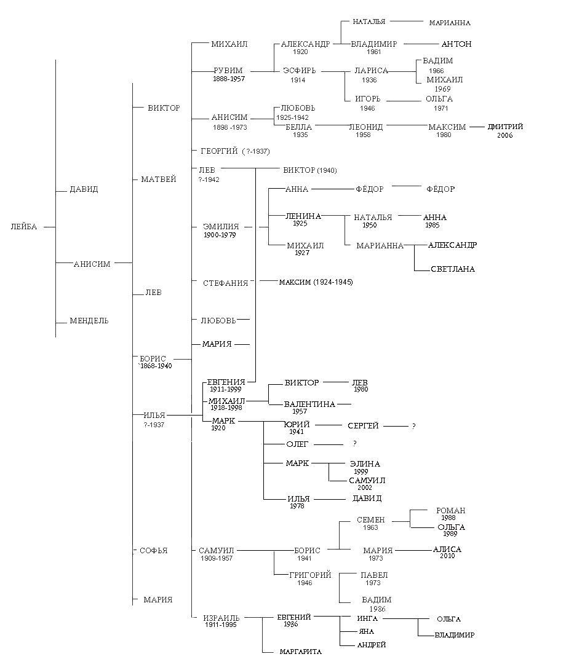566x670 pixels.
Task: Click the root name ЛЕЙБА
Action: (x=24, y=227)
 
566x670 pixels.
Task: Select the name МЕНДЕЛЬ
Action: (x=89, y=321)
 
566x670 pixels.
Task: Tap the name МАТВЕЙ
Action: (x=159, y=179)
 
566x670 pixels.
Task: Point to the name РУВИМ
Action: (x=228, y=71)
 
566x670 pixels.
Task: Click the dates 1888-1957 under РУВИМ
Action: (x=228, y=79)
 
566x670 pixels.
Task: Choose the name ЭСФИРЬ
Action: (x=300, y=71)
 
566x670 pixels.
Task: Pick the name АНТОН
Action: (x=456, y=44)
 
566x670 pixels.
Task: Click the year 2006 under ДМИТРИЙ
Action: (x=504, y=135)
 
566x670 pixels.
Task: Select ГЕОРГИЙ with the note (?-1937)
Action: (x=235, y=151)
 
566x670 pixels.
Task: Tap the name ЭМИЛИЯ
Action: (x=221, y=227)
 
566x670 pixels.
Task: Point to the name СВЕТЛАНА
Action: (x=453, y=269)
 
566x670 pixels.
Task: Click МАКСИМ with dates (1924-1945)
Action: (x=316, y=282)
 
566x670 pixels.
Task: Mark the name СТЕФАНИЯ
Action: (x=226, y=283)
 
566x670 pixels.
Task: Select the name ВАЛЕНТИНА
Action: (x=309, y=404)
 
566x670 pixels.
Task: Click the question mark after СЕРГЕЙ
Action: (x=414, y=426)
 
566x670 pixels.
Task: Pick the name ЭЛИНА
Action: (x=365, y=464)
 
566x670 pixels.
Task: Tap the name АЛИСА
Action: (x=447, y=550)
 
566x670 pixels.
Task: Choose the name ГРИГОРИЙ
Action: (x=311, y=575)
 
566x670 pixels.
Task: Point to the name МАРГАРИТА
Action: (x=301, y=652)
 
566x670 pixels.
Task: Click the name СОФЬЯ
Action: (x=154, y=551)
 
